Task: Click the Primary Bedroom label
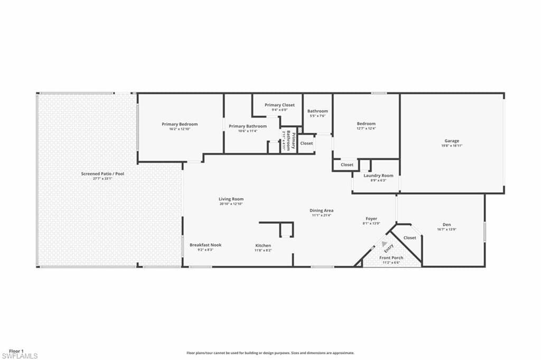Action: [180, 124]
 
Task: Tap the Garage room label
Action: [452, 141]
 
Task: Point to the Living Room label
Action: [231, 199]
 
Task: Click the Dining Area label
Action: [321, 210]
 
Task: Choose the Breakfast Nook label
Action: [206, 245]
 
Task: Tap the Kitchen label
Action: [263, 245]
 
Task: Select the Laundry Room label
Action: [378, 176]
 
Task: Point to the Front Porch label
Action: [391, 257]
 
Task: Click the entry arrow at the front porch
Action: [384, 244]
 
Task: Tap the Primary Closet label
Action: [279, 105]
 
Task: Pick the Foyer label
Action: [371, 218]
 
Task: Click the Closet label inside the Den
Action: [409, 238]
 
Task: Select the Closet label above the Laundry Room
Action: [347, 165]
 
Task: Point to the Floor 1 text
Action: [16, 351]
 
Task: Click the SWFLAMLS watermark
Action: [20, 356]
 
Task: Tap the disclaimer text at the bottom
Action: [270, 353]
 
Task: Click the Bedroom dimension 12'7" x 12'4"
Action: [366, 128]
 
